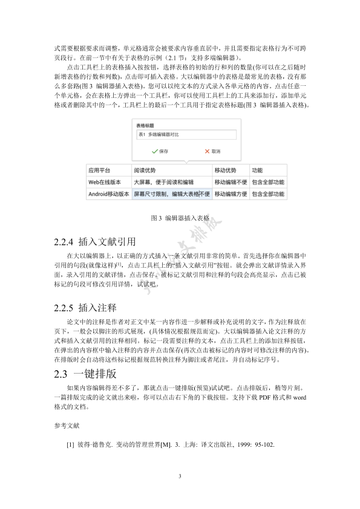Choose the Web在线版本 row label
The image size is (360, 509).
pyautogui.click(x=105, y=182)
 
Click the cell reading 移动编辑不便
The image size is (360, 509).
pyautogui.click(x=231, y=182)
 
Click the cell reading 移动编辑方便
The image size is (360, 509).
pyautogui.click(x=231, y=194)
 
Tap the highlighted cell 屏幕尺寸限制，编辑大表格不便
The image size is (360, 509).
pyautogui.click(x=171, y=194)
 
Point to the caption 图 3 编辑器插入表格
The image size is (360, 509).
pyautogui.click(x=180, y=218)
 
